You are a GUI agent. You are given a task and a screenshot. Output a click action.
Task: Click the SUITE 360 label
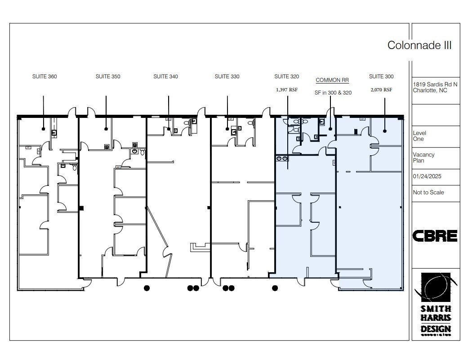tap(45, 76)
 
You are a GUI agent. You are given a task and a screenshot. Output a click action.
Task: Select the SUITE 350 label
tap(108, 76)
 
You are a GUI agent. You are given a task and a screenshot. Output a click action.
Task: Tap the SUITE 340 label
tap(165, 76)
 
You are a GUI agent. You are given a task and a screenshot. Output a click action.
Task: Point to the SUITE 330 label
tap(227, 76)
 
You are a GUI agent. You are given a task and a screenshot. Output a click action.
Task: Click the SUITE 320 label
tap(287, 76)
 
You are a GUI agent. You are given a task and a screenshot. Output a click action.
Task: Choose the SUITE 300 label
tap(381, 76)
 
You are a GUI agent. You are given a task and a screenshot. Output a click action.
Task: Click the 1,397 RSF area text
tap(287, 90)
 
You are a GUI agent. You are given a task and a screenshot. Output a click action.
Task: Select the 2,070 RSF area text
tap(381, 90)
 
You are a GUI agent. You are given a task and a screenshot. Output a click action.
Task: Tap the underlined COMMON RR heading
tap(332, 80)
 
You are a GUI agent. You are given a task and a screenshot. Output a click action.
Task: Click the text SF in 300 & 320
tap(333, 93)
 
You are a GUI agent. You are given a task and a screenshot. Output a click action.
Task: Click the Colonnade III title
tap(419, 45)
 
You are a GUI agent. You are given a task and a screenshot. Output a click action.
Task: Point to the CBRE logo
tap(435, 236)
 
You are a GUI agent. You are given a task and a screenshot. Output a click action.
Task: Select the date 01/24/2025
tap(427, 176)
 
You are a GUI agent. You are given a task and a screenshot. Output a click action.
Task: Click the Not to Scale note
tap(428, 193)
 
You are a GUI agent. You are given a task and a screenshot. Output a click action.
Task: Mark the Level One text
tap(419, 136)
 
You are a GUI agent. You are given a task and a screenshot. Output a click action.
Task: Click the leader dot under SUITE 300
tap(385, 131)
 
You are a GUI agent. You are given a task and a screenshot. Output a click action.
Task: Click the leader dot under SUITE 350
tap(106, 129)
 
